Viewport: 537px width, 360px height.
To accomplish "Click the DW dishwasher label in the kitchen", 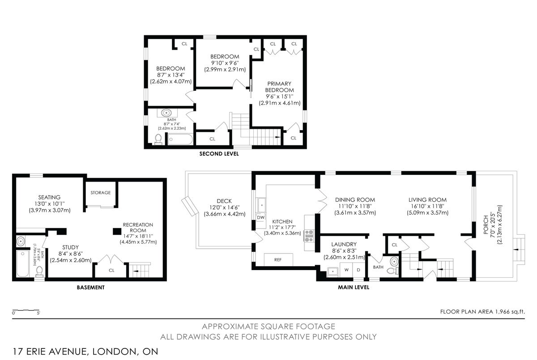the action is click(260, 217).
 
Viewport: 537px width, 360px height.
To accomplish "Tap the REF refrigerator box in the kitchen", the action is click(278, 260).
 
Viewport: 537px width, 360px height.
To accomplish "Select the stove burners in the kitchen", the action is click(309, 235).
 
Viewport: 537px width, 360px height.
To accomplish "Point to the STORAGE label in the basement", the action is click(100, 193).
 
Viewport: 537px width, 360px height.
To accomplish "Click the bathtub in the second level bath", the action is click(180, 140).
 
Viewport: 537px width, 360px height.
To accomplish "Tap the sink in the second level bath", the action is click(166, 113).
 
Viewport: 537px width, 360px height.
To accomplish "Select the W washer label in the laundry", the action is click(346, 270).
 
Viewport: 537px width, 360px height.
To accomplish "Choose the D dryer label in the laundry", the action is click(358, 270).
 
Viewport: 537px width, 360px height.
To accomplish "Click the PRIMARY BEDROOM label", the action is click(279, 87).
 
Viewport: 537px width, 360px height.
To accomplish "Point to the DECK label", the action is click(224, 201).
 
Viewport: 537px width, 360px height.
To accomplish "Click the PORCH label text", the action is click(486, 224).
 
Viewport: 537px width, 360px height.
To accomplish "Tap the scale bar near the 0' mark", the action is click(26, 310).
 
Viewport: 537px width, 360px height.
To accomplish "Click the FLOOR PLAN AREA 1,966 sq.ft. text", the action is click(482, 312).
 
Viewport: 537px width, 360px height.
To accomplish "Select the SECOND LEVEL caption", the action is click(219, 154).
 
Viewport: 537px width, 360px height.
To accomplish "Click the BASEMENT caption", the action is click(90, 288).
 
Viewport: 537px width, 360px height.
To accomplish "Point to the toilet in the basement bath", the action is click(39, 271).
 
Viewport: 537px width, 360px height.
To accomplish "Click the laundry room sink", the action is click(333, 271).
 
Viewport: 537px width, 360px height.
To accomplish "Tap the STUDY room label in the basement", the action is click(71, 247).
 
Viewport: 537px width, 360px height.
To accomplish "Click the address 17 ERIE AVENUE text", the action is click(49, 352).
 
